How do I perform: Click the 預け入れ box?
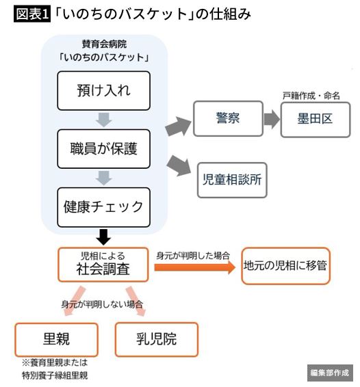[103, 90]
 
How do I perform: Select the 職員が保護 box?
[103, 149]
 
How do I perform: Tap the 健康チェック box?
[103, 207]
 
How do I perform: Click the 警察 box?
[228, 118]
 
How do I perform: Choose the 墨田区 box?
[316, 120]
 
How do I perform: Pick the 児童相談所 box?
[232, 180]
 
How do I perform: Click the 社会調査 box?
[103, 265]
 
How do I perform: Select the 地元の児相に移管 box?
[285, 266]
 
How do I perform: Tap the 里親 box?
[56, 340]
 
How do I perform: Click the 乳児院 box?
[157, 339]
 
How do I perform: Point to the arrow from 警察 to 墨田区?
[272, 120]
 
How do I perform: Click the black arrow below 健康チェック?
[103, 237]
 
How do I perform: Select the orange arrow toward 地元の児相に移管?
[194, 267]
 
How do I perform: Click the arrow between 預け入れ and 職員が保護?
[103, 120]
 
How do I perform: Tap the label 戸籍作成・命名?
[311, 96]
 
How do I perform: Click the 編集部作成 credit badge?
[330, 373]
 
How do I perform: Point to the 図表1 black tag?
[32, 14]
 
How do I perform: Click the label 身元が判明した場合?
[193, 256]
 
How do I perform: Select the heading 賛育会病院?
[104, 44]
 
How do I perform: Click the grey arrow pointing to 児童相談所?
[179, 166]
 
